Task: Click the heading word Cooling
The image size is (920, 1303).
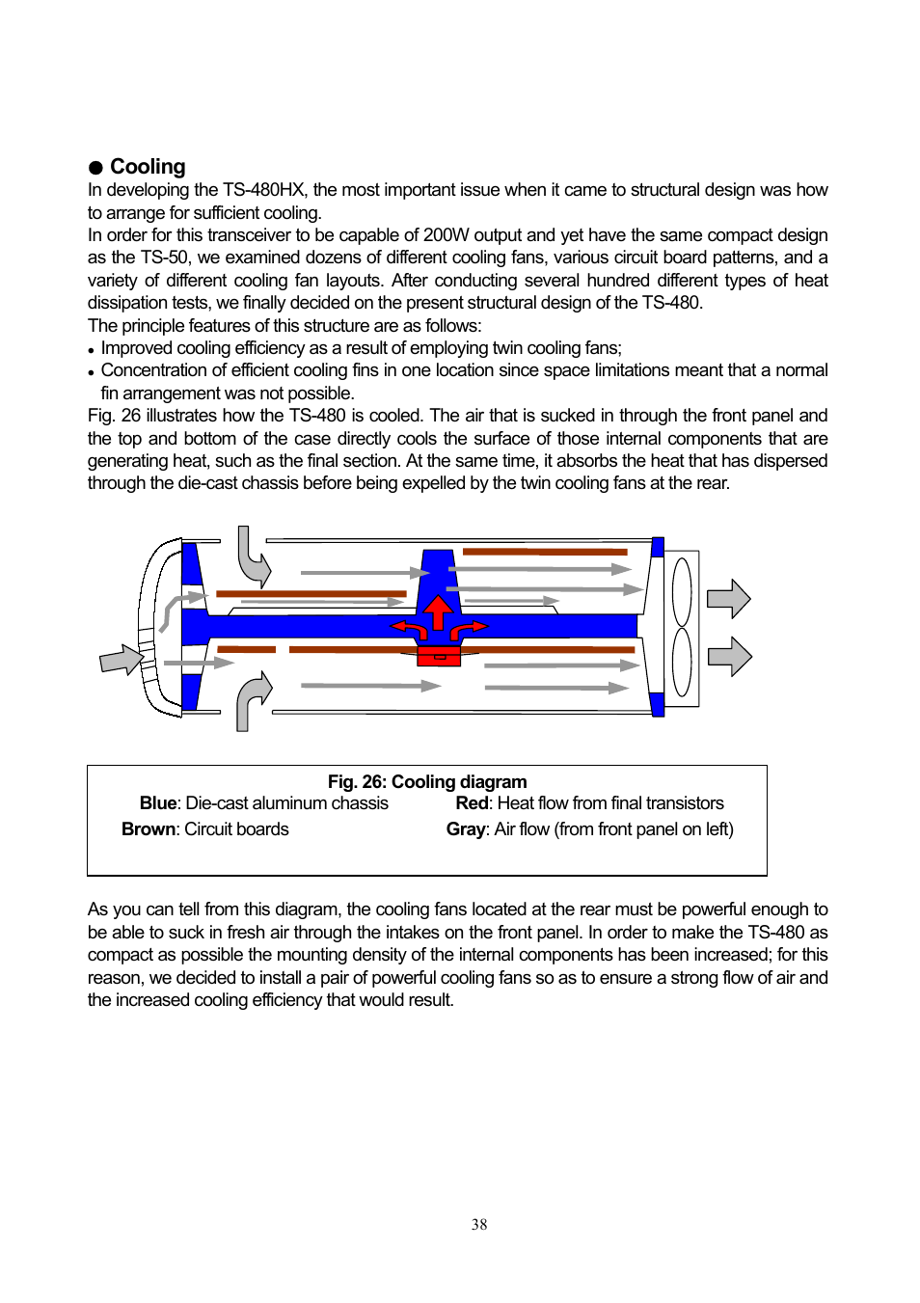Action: click(147, 167)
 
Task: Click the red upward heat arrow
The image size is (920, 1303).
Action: click(439, 611)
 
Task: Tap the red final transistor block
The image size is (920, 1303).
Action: click(439, 657)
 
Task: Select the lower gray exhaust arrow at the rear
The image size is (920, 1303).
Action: click(729, 657)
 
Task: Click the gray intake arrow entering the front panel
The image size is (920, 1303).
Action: click(122, 660)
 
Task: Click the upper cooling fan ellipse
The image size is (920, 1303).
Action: click(682, 592)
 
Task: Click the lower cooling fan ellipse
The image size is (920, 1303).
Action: click(682, 663)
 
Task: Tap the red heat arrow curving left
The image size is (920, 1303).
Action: click(410, 630)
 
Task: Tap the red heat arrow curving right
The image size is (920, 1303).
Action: click(469, 630)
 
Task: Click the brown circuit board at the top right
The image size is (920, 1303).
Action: click(545, 552)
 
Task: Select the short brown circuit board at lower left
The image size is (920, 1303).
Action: click(246, 650)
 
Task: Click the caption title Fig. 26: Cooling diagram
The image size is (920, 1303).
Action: click(427, 782)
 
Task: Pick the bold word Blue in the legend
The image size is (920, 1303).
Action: click(158, 803)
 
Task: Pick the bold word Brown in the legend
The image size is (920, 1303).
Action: click(149, 829)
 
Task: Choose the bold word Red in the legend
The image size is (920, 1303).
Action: click(472, 803)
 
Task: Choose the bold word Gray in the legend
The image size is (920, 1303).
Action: click(466, 829)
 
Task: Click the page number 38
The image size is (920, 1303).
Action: click(479, 1225)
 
